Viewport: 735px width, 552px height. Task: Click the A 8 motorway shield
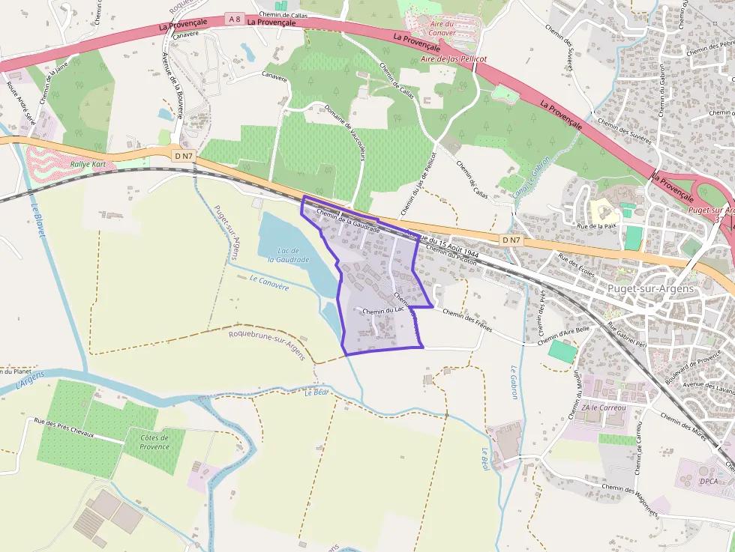click(x=235, y=19)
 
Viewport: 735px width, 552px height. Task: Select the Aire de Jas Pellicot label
click(x=454, y=58)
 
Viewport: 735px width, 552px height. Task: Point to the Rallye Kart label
click(x=87, y=164)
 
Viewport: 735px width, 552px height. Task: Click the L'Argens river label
click(x=30, y=381)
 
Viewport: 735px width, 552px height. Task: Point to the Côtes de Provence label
click(x=154, y=442)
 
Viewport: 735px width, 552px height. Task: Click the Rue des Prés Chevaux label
click(x=68, y=429)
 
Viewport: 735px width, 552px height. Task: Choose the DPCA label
click(x=708, y=481)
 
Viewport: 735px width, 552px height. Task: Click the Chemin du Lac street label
click(x=383, y=311)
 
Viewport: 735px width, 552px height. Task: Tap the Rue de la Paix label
click(x=595, y=225)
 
